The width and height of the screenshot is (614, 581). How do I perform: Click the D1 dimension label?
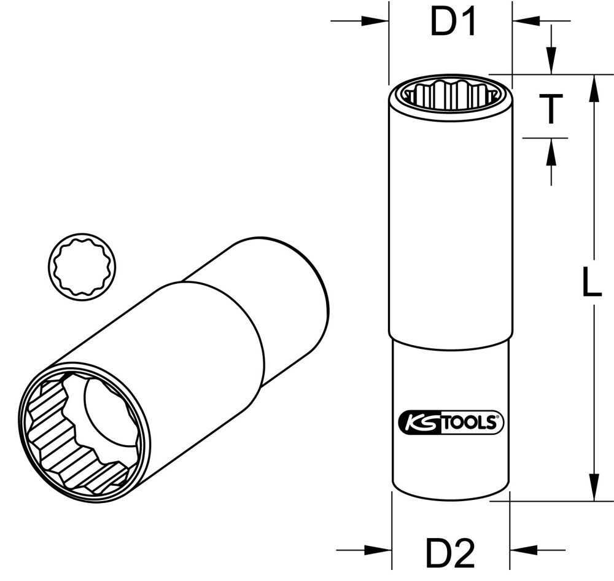coord(453,23)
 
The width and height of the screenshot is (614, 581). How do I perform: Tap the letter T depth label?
coord(551,109)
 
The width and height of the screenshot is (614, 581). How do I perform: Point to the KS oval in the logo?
coord(418,423)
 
